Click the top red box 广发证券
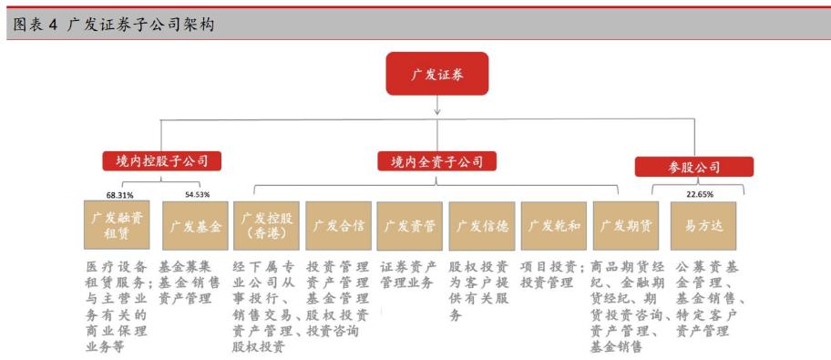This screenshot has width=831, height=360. tap(437, 74)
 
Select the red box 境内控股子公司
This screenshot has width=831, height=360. tap(162, 162)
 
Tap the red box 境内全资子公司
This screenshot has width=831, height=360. tap(437, 162)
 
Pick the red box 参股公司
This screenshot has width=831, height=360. tap(694, 167)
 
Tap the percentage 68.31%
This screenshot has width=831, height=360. tap(119, 194)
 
